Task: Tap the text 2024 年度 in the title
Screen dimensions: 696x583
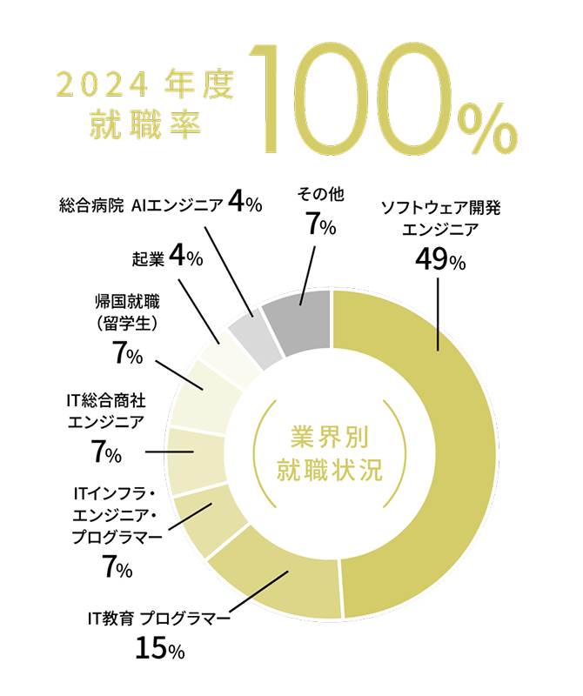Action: pos(144,85)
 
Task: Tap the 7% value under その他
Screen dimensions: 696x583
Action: pos(320,224)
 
